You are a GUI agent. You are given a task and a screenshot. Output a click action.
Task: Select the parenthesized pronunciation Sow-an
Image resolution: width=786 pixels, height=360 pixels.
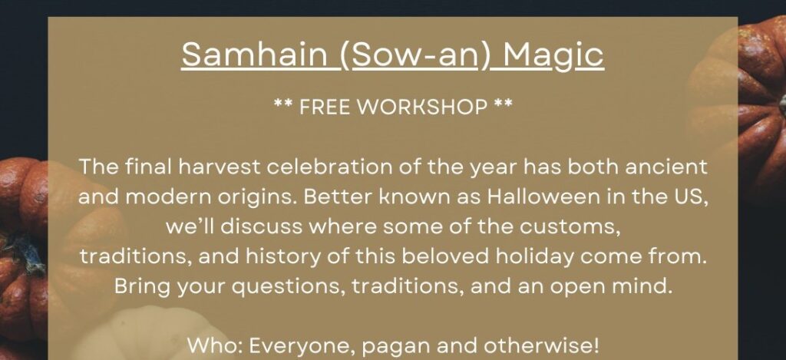[x=415, y=54]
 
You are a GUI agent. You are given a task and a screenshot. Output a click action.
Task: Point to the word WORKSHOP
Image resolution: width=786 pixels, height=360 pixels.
[x=421, y=107]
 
